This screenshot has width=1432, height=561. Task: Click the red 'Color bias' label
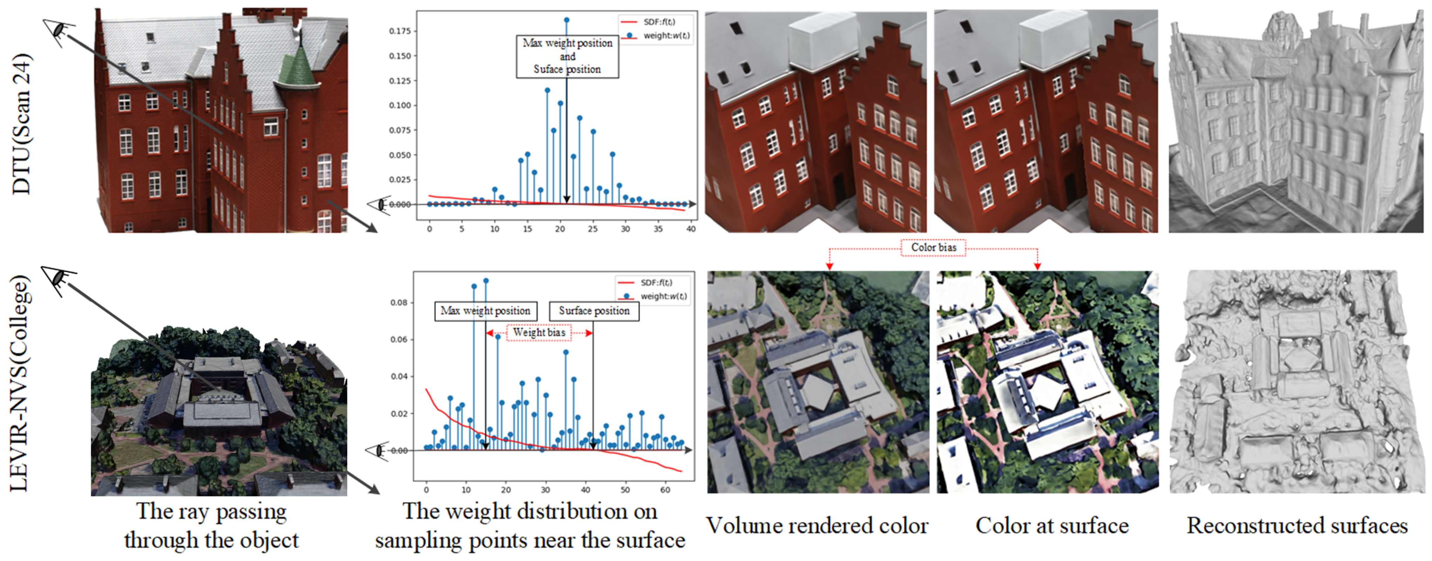tap(933, 247)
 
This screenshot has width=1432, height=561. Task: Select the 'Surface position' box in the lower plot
tap(594, 311)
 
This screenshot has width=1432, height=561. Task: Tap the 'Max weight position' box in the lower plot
tap(485, 311)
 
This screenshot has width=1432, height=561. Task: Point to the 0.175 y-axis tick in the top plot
tap(400, 31)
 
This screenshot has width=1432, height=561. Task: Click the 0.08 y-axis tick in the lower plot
tap(399, 303)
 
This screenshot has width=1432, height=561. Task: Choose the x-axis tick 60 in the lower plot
tap(665, 490)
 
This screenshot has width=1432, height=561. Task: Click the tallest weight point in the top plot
tap(567, 20)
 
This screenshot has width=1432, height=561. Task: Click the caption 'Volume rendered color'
tap(817, 526)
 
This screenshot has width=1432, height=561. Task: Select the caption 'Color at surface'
tap(1052, 526)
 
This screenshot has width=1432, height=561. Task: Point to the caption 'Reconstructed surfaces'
tap(1297, 526)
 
